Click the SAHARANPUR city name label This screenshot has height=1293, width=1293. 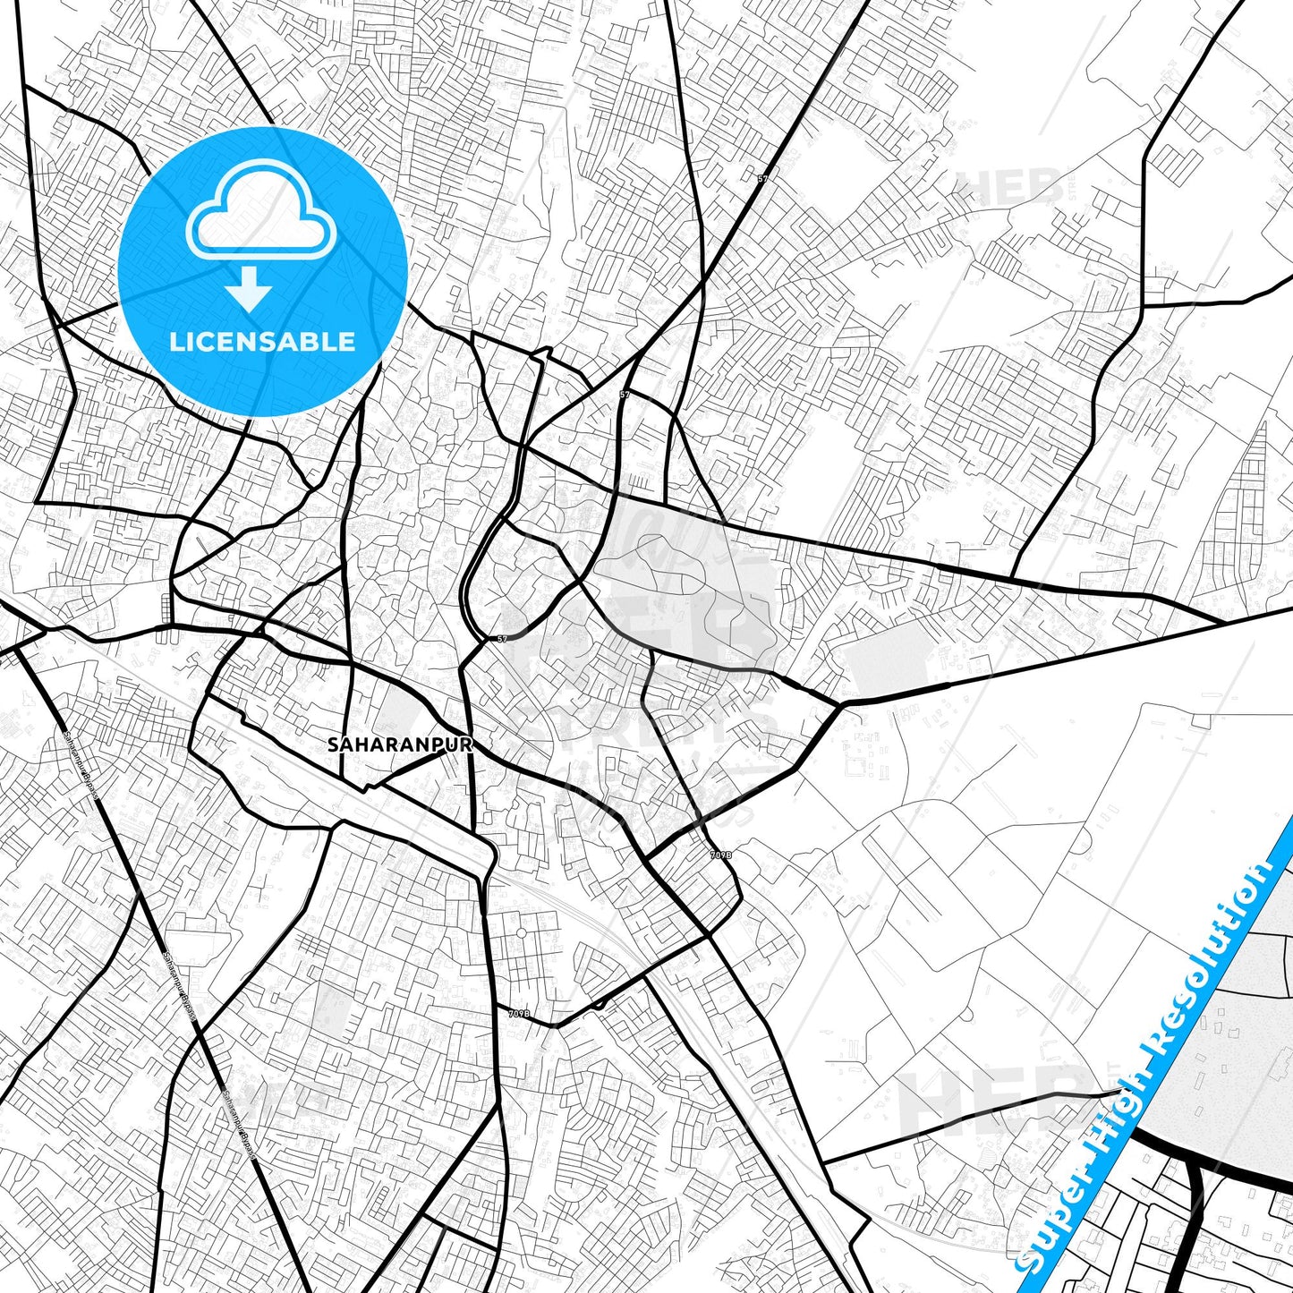(399, 744)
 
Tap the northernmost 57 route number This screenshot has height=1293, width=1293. (762, 179)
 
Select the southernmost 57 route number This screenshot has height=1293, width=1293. (502, 639)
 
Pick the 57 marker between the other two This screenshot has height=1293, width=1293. (625, 395)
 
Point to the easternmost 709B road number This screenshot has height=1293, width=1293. (720, 855)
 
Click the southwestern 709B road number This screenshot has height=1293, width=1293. (519, 1014)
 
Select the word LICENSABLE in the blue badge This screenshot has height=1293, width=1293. (262, 341)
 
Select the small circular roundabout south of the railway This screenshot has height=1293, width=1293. (520, 934)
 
